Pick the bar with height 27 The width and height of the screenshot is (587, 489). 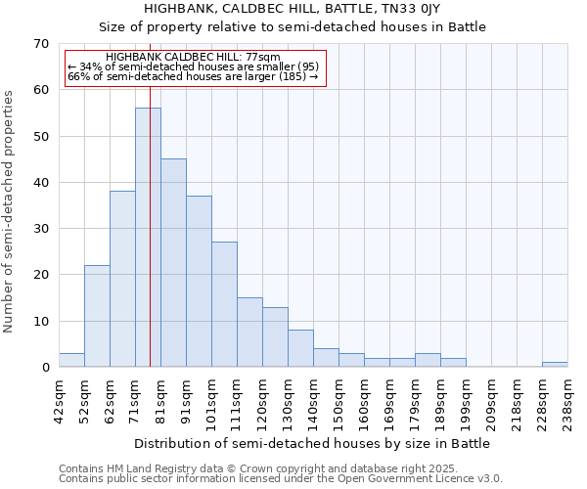click(224, 304)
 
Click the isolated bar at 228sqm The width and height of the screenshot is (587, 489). click(555, 365)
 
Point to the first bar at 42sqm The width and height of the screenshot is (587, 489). click(71, 360)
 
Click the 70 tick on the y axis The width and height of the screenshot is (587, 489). click(41, 44)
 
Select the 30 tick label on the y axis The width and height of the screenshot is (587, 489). click(41, 229)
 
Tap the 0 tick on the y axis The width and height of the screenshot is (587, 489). click(45, 368)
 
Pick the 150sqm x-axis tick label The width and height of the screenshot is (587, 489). click(339, 402)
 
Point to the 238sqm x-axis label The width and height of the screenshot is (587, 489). click(567, 402)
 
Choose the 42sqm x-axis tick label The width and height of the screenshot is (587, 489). click(59, 400)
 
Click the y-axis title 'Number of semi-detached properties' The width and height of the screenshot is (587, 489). click(10, 211)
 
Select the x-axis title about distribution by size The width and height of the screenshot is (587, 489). click(312, 443)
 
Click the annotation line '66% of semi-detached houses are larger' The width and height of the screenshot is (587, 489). click(193, 76)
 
